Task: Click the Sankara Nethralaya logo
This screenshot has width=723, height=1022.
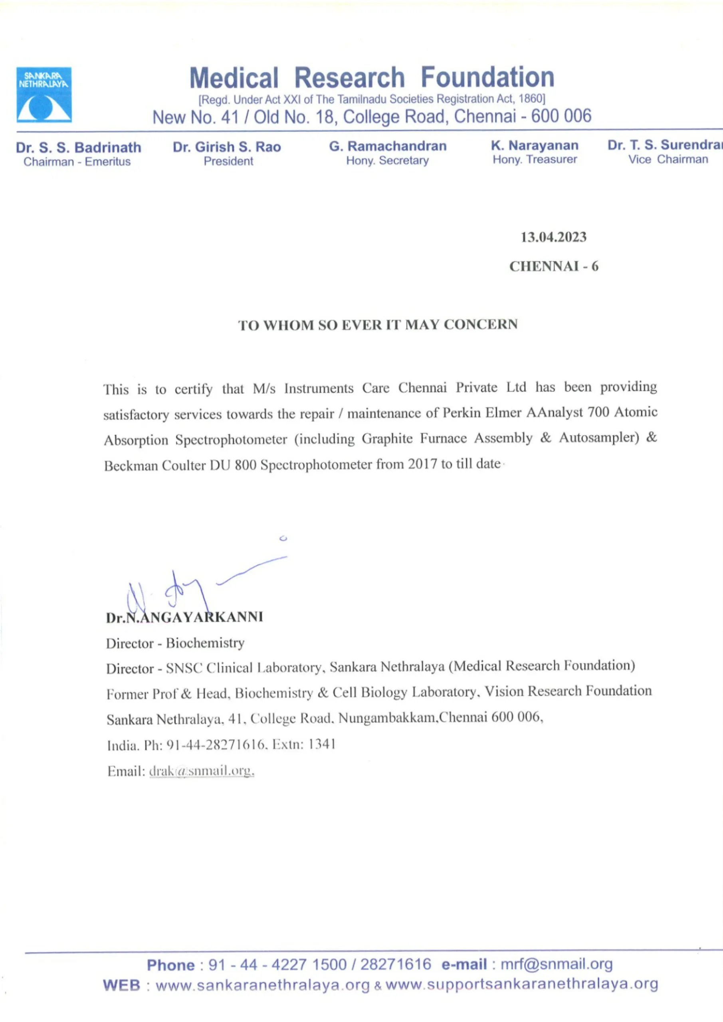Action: pyautogui.click(x=44, y=94)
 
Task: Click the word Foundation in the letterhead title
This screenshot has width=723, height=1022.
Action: pyautogui.click(x=487, y=77)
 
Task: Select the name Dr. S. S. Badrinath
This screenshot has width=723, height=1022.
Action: pyautogui.click(x=78, y=147)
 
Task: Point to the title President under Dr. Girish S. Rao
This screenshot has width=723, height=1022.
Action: pyautogui.click(x=228, y=161)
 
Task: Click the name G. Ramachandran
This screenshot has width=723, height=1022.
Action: pyautogui.click(x=387, y=146)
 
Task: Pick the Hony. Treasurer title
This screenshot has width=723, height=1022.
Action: pyautogui.click(x=534, y=159)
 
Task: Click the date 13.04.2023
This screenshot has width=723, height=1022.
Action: pyautogui.click(x=553, y=237)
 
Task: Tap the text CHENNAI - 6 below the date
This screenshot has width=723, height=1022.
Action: pyautogui.click(x=553, y=266)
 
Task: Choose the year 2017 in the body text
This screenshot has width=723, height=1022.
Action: pyautogui.click(x=422, y=464)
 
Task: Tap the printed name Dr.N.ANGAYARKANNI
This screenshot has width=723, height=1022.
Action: pyautogui.click(x=184, y=617)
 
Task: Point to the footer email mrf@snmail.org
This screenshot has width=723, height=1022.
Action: pyautogui.click(x=557, y=964)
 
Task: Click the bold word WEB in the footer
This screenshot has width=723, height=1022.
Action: pyautogui.click(x=121, y=985)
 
